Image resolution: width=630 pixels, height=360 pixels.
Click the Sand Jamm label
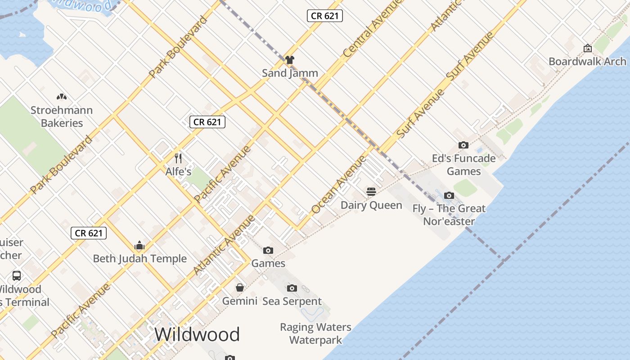pos(290,73)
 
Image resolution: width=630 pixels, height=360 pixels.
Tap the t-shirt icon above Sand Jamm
pos(290,59)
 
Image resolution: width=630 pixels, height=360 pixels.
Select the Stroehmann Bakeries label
pos(62,117)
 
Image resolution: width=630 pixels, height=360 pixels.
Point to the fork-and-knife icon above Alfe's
pos(178,158)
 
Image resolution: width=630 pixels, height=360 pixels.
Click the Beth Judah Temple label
pos(139,259)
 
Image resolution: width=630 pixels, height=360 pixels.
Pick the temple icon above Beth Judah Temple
pos(139,246)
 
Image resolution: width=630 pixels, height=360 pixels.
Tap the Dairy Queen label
pos(371,205)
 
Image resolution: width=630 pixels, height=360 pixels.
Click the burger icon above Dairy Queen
pos(371,192)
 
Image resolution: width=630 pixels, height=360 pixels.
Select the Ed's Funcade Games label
pos(463,165)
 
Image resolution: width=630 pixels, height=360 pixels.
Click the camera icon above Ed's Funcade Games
pos(463,145)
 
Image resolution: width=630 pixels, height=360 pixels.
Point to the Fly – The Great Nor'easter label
pos(449,215)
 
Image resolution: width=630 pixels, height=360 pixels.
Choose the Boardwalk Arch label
pos(587,62)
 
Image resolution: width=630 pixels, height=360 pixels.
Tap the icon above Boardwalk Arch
pos(587,48)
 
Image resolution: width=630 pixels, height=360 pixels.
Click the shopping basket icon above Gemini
pos(240,288)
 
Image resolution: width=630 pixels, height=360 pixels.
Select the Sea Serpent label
pos(292,301)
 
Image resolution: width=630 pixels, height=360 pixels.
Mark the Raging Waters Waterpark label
pos(315,333)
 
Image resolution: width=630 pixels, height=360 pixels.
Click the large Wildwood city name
pos(197,335)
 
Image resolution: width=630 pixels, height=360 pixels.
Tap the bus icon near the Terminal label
pos(17,276)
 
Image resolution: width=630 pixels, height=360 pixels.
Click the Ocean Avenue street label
pos(339,185)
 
